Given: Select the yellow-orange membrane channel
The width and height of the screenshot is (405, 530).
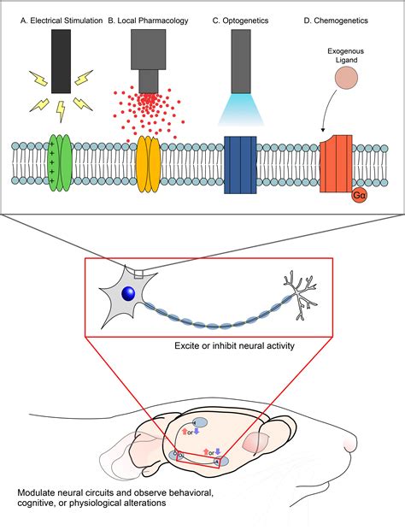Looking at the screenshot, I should (150, 160).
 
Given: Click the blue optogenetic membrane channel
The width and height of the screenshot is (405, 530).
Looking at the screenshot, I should (239, 160).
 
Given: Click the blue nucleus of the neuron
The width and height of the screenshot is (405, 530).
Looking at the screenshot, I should (128, 293).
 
